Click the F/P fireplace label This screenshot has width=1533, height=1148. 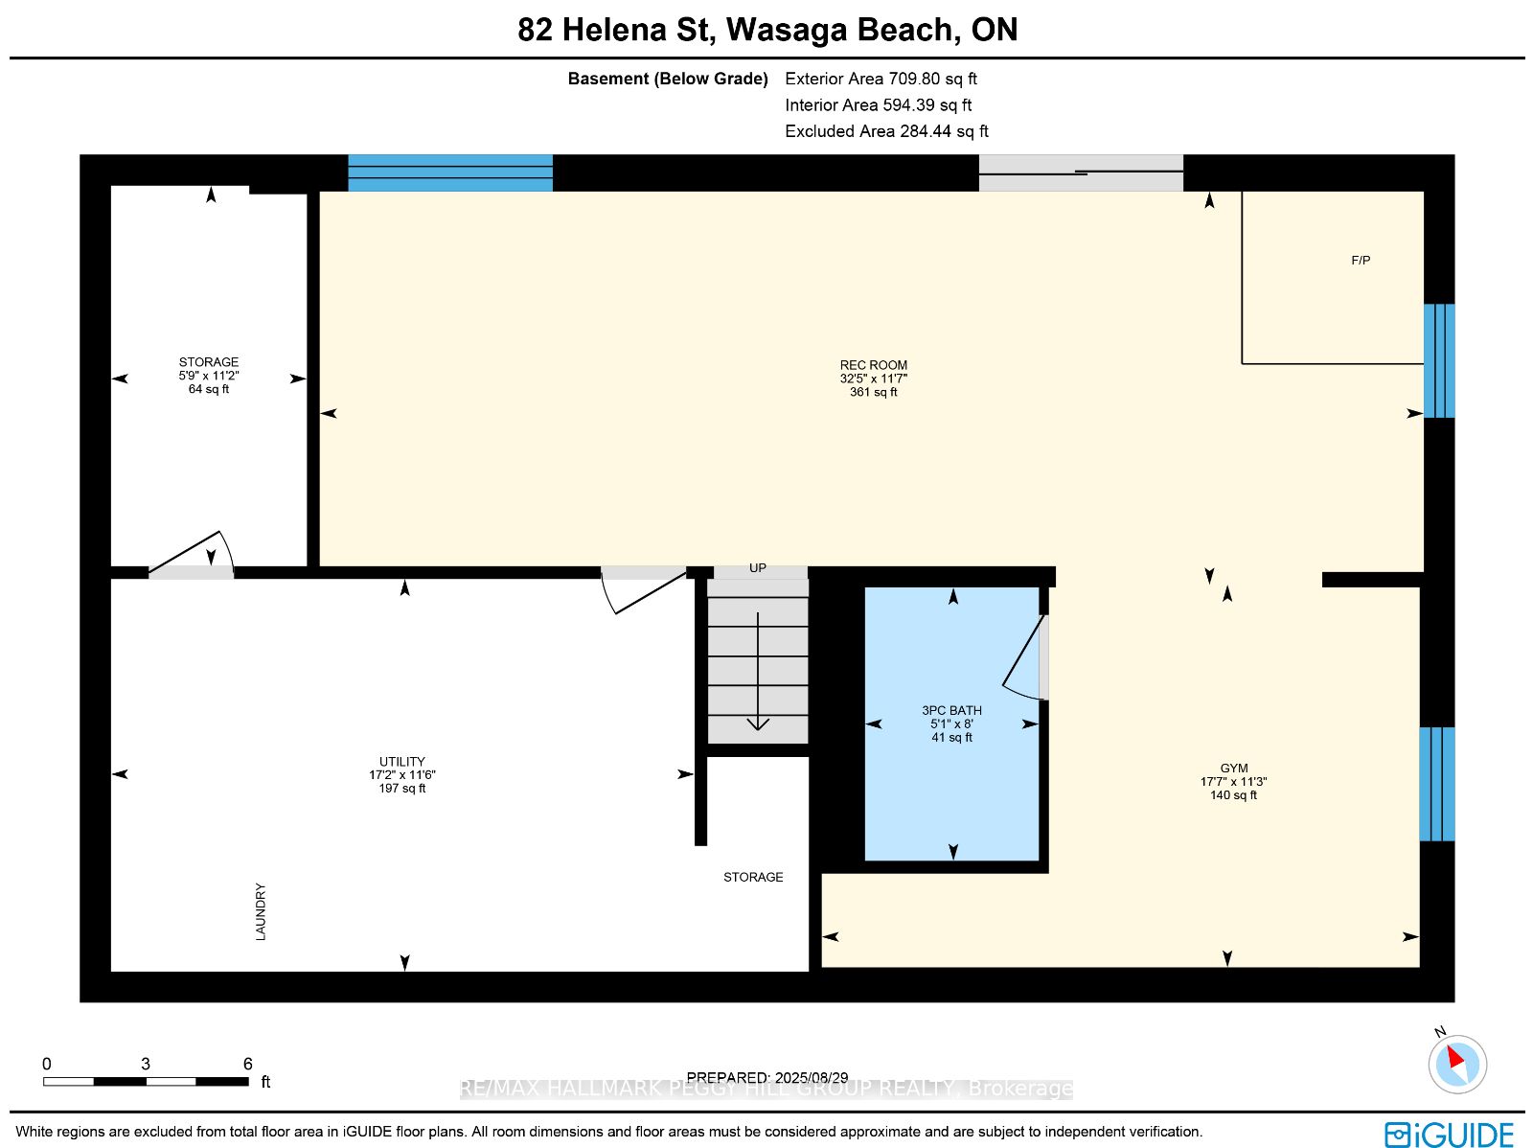[1360, 261]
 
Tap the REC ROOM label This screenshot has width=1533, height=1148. [873, 364]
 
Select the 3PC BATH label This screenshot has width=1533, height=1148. [951, 710]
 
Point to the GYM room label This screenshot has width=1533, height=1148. [1233, 768]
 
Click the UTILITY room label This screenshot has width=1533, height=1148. [401, 761]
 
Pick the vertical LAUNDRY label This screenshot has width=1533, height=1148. [261, 911]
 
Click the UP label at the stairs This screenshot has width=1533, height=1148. [757, 567]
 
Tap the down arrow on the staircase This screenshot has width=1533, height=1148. [758, 671]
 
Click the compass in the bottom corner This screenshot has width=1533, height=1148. [1457, 1064]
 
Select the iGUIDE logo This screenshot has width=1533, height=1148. [1449, 1134]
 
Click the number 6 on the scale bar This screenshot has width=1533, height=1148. [247, 1064]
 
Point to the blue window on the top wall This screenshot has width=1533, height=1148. [450, 172]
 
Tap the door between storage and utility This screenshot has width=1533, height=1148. [191, 556]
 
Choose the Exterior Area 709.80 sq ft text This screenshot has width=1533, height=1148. [881, 79]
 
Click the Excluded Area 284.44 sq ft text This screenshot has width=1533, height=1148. [886, 131]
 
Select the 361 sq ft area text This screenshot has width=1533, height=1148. [873, 392]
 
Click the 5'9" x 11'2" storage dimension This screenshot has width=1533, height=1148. [208, 375]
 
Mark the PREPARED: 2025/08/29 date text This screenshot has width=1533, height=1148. [766, 1077]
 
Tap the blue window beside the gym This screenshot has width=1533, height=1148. [1437, 784]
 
